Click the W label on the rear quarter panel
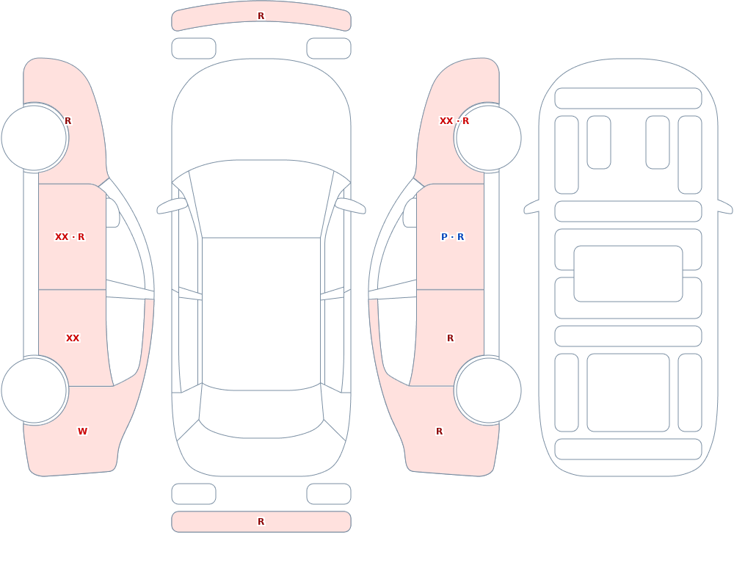(82, 432)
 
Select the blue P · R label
(452, 237)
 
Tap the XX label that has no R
(73, 338)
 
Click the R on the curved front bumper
(261, 16)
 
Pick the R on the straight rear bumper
(261, 522)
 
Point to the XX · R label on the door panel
(70, 237)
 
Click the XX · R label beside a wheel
(454, 121)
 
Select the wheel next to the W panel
(34, 390)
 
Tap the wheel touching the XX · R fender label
(488, 138)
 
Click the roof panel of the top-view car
(261, 313)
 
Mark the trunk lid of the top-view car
(261, 456)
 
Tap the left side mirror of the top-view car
(172, 206)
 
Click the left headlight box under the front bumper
(194, 48)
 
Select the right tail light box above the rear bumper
(329, 494)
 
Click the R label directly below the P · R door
(451, 338)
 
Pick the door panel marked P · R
(451, 237)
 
